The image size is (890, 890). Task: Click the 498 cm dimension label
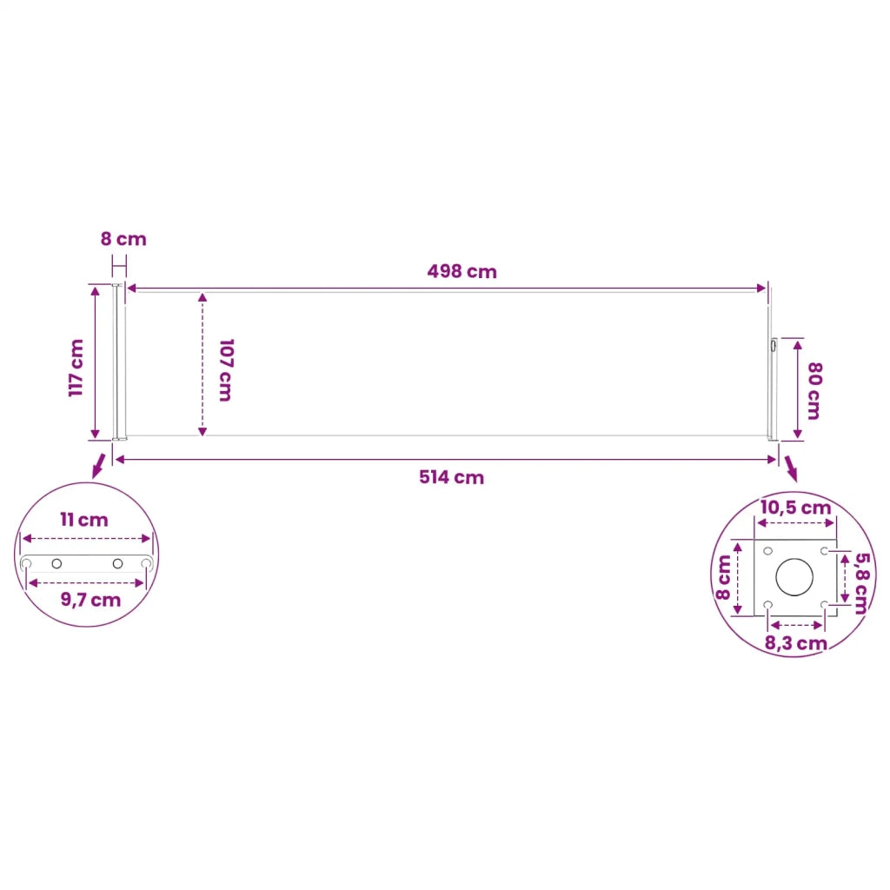[x=462, y=271]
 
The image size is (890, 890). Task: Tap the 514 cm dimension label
[x=452, y=477]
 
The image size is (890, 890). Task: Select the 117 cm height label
[x=76, y=368]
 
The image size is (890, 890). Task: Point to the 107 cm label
[x=226, y=370]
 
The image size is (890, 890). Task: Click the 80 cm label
[x=814, y=390]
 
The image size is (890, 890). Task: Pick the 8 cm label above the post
[x=123, y=239]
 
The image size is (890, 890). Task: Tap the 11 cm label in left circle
[x=84, y=520]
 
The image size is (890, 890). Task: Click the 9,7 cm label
[x=90, y=601]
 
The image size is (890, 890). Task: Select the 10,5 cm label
[x=796, y=508]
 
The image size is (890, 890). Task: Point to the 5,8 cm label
[x=861, y=583]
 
